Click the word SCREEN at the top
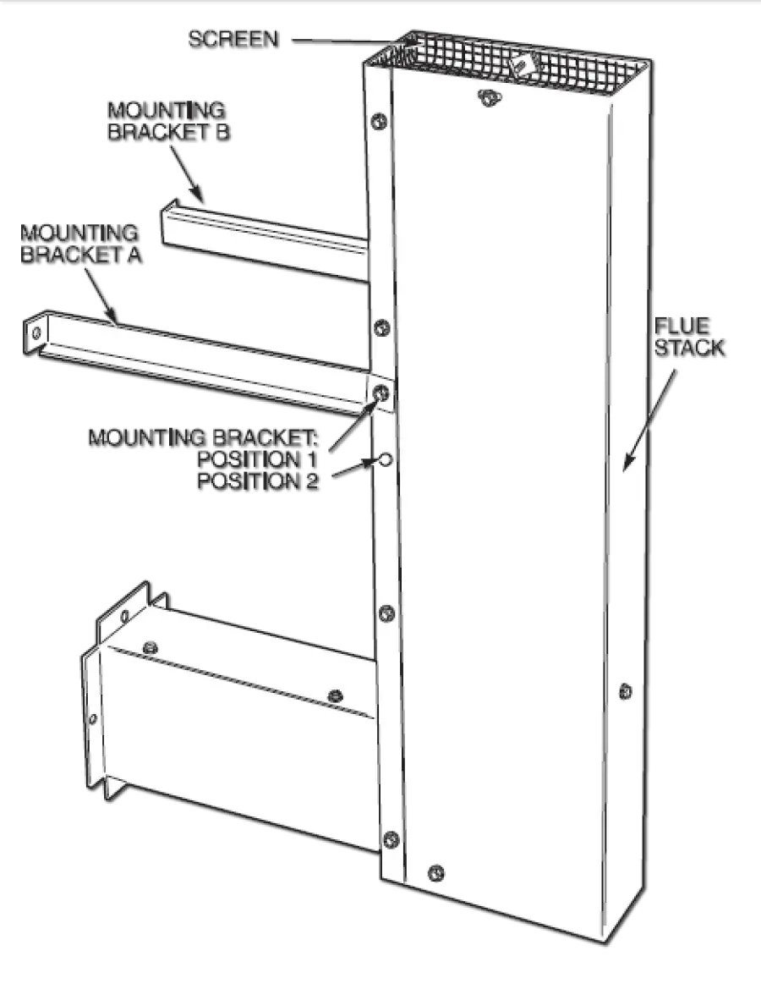click(232, 39)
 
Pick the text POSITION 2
click(257, 483)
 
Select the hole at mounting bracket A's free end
click(37, 332)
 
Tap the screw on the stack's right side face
click(625, 690)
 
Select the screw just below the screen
click(488, 96)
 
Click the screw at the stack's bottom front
click(436, 871)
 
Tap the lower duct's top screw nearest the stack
click(336, 695)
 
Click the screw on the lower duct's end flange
click(94, 719)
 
